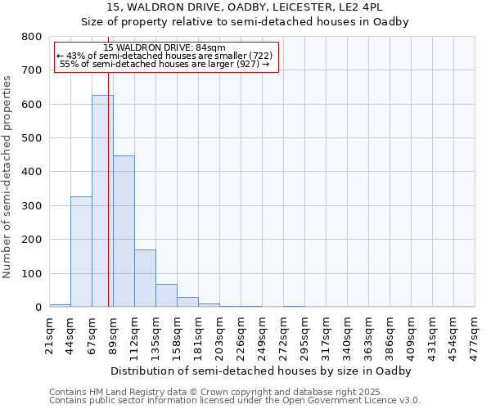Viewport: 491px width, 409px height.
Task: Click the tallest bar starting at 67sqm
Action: tap(102, 201)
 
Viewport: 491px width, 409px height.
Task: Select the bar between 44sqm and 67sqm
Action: tap(81, 252)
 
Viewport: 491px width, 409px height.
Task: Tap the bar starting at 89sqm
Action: tap(124, 231)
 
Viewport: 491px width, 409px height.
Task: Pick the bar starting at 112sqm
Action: tap(145, 278)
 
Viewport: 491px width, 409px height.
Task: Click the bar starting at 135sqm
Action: tap(166, 295)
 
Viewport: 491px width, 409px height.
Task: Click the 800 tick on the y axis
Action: tap(32, 37)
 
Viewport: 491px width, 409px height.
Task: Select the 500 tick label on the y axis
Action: tap(32, 138)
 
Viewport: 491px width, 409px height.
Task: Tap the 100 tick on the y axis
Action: tap(32, 273)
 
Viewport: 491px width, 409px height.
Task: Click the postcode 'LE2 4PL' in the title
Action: tap(360, 7)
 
